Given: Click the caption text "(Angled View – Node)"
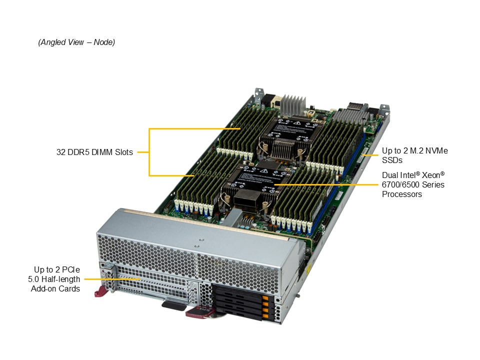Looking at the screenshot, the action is (76, 42).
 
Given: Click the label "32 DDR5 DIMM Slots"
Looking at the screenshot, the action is (94, 152).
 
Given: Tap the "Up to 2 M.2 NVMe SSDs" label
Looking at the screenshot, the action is (415, 155).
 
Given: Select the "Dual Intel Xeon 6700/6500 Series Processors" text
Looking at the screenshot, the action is (413, 184).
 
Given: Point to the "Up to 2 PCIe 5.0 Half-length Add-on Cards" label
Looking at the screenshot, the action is (54, 279).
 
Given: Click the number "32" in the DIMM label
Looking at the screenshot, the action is (60, 152).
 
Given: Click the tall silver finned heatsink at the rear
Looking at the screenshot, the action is (293, 104).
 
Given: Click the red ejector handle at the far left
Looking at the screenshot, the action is (101, 291).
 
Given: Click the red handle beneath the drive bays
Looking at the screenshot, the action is (199, 312).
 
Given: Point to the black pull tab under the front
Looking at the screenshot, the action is (173, 306).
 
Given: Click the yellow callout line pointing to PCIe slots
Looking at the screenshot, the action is (112, 279).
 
